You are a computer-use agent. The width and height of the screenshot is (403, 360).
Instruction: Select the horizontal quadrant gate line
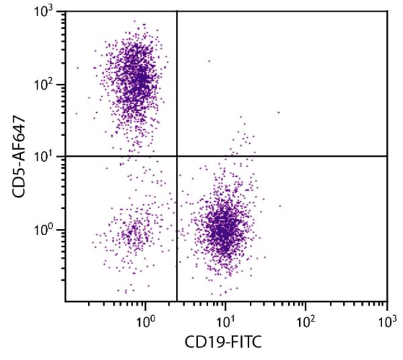point(282,156)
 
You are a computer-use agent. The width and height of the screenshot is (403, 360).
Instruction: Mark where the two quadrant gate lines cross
point(177,156)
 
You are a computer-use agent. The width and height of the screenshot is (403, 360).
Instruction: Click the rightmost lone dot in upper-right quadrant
point(279,112)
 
